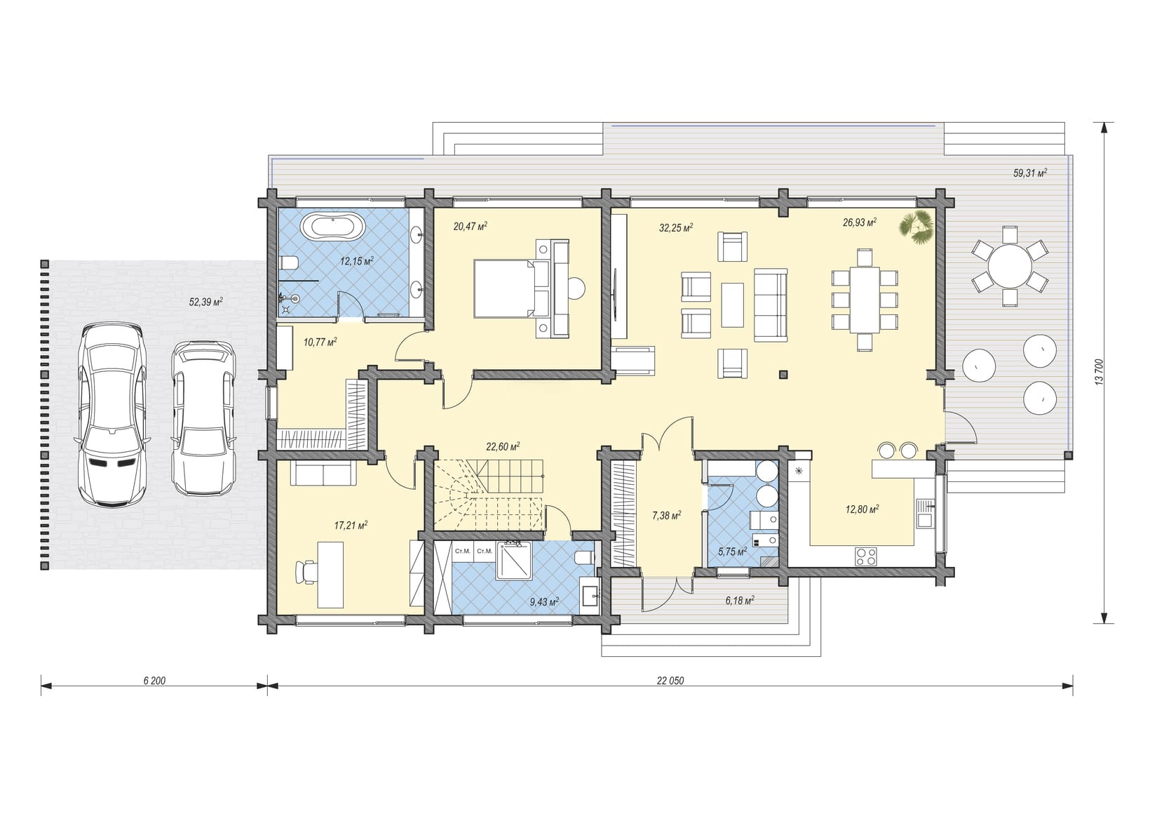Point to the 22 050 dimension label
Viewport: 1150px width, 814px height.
click(x=670, y=681)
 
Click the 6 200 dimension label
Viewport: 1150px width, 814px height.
click(x=154, y=681)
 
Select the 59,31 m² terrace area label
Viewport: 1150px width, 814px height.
click(x=1030, y=173)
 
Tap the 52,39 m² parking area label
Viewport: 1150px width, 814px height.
click(x=206, y=302)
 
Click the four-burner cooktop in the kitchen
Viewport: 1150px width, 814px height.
click(x=865, y=556)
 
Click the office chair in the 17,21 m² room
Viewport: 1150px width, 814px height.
click(x=307, y=571)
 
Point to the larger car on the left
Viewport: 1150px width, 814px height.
click(x=112, y=415)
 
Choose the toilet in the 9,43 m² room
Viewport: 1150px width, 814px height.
click(x=585, y=557)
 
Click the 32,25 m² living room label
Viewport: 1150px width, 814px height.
click(x=676, y=227)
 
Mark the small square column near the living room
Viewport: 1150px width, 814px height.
click(x=783, y=374)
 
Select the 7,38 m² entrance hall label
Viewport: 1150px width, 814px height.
click(x=666, y=516)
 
